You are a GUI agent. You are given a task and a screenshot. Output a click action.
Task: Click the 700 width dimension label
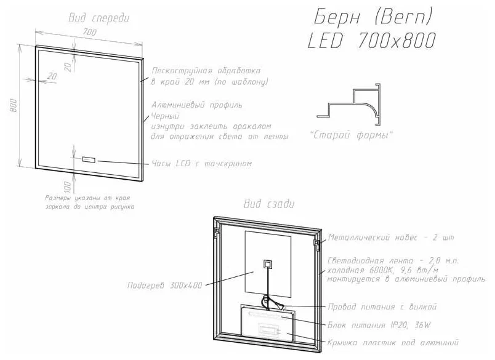[90, 32]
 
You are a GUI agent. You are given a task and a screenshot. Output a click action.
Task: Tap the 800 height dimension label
[14, 106]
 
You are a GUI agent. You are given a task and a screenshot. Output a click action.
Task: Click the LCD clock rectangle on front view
[89, 159]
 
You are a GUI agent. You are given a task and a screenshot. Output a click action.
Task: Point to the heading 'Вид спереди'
[99, 18]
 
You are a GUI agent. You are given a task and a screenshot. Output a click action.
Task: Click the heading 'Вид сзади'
[269, 204]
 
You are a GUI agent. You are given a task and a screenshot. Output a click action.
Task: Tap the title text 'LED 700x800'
[372, 41]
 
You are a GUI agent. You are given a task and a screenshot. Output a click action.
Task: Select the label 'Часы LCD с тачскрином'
[202, 164]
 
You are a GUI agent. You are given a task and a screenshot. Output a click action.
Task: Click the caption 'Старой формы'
[351, 135]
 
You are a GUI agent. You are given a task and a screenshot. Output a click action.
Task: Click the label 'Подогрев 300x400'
[164, 285]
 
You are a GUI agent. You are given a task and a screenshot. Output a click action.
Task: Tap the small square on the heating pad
[268, 264]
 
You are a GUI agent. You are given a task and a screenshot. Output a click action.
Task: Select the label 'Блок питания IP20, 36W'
[379, 325]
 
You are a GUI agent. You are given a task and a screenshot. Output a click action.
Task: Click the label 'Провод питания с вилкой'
[382, 306]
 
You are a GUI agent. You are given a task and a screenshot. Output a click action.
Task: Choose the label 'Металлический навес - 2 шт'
[391, 238]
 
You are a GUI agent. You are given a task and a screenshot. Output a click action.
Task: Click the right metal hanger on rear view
[316, 244]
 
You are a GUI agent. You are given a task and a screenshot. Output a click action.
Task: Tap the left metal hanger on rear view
[217, 232]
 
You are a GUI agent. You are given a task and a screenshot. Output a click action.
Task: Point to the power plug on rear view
[279, 305]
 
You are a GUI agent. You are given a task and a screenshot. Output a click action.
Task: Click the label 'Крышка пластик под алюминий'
[393, 343]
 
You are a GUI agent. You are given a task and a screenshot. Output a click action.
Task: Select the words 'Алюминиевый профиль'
[197, 105]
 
